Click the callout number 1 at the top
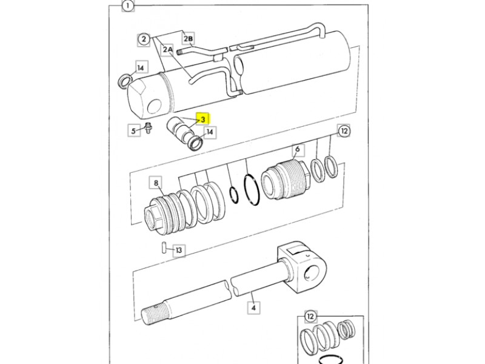pyautogui.click(x=128, y=5)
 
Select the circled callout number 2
pyautogui.click(x=144, y=39)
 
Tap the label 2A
pyautogui.click(x=168, y=49)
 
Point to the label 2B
pyautogui.click(x=189, y=39)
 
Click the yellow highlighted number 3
pyautogui.click(x=203, y=120)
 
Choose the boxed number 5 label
pyautogui.click(x=133, y=130)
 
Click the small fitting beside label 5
pyautogui.click(x=149, y=128)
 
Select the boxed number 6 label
pyautogui.click(x=298, y=149)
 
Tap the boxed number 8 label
pyautogui.click(x=156, y=183)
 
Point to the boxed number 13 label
pyautogui.click(x=179, y=250)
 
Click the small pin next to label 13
pyautogui.click(x=164, y=248)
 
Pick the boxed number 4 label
pyautogui.click(x=253, y=308)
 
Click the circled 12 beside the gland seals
pyautogui.click(x=344, y=131)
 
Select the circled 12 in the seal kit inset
pyautogui.click(x=310, y=316)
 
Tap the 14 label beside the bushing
pyautogui.click(x=210, y=132)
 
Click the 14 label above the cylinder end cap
pyautogui.click(x=141, y=68)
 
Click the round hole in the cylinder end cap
pyautogui.click(x=155, y=106)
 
